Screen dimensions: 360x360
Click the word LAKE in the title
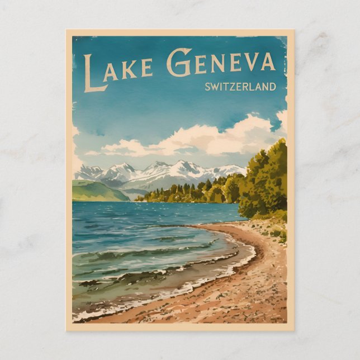tap(119, 70)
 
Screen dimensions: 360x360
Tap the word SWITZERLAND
tap(240, 87)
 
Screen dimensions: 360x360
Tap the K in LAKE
tap(131, 69)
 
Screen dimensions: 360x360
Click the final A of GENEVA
tap(268, 62)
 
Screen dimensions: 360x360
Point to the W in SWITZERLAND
tap(215, 87)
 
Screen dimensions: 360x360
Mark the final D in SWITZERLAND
tap(273, 87)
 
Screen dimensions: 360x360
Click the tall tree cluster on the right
tap(266, 179)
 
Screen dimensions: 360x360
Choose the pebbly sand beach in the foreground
tap(235, 296)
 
